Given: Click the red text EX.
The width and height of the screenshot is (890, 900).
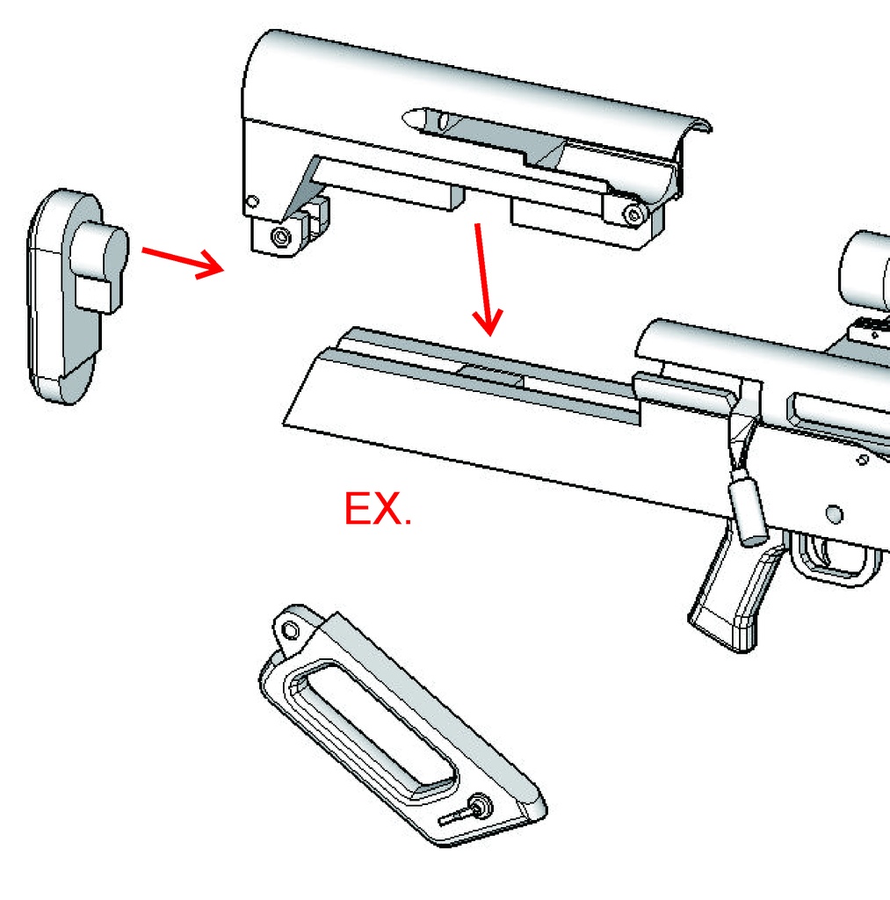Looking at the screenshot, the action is [378, 509].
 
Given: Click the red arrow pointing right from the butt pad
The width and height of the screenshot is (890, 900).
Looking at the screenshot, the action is [183, 262].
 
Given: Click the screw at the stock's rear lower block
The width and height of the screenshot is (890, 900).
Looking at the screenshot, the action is [280, 236].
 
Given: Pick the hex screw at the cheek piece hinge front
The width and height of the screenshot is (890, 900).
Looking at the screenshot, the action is [634, 215].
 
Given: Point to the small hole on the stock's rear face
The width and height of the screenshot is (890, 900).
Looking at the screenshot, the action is [252, 202].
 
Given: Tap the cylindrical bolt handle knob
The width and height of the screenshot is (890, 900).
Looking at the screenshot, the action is [748, 512].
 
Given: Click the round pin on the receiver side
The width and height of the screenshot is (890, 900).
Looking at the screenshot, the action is [834, 514].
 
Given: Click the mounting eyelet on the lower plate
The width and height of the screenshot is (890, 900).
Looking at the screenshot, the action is [291, 631].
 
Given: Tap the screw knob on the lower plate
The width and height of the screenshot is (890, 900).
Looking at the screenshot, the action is [477, 805].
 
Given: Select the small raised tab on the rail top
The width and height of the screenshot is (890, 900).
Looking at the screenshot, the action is [491, 373].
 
